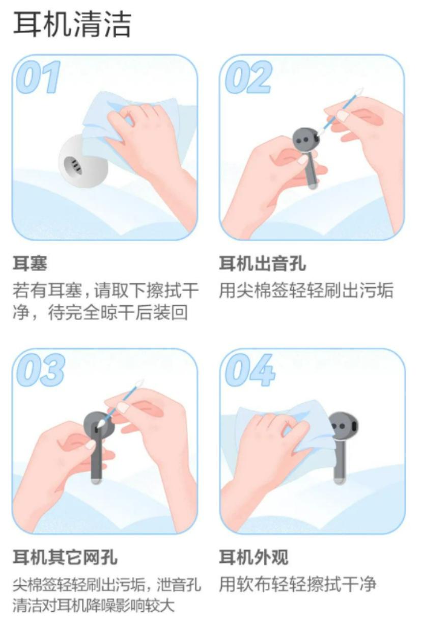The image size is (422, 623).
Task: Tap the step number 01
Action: [38, 77]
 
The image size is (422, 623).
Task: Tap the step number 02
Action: [248, 77]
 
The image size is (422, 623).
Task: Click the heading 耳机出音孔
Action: [262, 264]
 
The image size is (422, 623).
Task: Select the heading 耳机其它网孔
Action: [65, 557]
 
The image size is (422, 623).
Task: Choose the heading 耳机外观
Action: [253, 557]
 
